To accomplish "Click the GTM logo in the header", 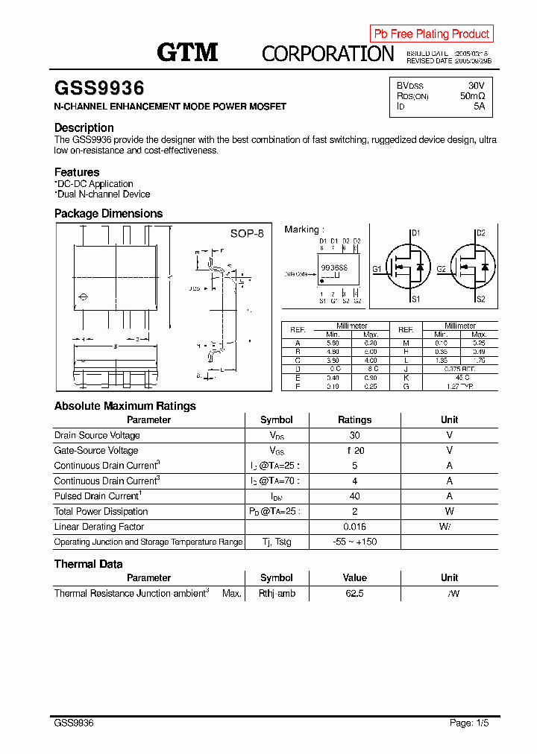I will coord(187,51).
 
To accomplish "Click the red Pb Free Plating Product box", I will coord(431,34).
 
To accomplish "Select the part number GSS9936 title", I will coord(99,89).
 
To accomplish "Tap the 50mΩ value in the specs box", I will coord(472,96).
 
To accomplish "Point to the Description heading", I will coord(84,127).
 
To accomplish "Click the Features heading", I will coord(77,172).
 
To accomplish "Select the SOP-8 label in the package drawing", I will coord(246,233).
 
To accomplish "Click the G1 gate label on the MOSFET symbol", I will coord(377,268).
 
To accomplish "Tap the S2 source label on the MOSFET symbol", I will coord(480,299).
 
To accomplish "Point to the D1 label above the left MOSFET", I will coord(415,233).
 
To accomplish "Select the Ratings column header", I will coord(354,419).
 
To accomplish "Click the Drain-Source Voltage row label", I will coord(97,435).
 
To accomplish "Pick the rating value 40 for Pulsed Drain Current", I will coord(354,496).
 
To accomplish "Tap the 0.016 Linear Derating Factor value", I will coord(354,527).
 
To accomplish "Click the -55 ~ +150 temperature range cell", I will coord(354,542).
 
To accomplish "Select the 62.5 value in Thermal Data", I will coord(354,594).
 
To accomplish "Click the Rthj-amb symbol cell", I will coord(277,594).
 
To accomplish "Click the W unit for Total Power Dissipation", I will coord(449,511).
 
